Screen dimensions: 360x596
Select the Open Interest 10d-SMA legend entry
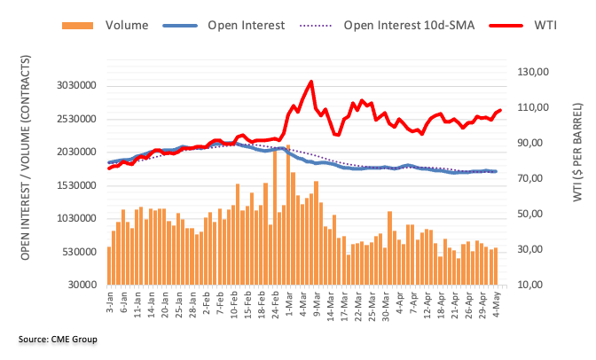[412, 26]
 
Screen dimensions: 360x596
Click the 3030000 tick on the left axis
[72, 86]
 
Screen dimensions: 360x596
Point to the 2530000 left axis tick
[72, 119]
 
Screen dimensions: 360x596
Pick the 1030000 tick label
[72, 219]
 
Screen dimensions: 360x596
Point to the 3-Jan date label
[108, 301]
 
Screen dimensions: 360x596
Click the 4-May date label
[495, 301]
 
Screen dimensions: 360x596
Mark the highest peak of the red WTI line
[310, 82]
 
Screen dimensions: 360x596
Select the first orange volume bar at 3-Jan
[109, 265]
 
